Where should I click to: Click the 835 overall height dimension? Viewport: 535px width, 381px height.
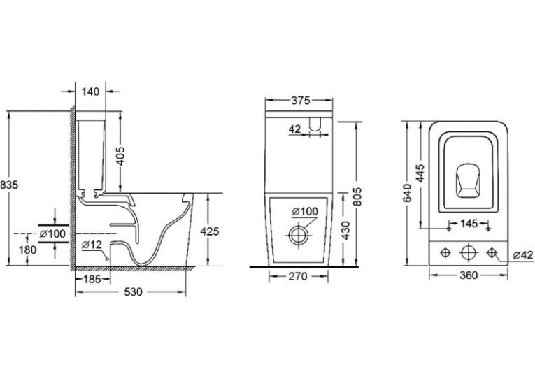click(x=9, y=185)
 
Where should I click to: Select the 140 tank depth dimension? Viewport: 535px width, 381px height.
click(x=91, y=92)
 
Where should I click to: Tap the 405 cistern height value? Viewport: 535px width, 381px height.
click(x=120, y=156)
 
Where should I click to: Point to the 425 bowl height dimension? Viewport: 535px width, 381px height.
click(x=210, y=231)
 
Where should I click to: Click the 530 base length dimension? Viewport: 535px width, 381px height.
click(x=133, y=292)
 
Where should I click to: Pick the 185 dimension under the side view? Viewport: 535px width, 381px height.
click(x=92, y=280)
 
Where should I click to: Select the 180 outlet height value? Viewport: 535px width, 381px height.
click(x=28, y=250)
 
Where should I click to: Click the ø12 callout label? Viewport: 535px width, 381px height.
click(x=92, y=245)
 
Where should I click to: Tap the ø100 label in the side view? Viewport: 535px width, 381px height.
click(x=52, y=233)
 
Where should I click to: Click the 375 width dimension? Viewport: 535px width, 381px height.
click(x=301, y=100)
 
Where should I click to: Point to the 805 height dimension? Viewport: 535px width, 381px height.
click(x=357, y=196)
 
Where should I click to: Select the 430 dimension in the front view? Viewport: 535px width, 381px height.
click(x=345, y=231)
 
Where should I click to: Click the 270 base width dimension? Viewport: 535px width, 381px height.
click(x=298, y=276)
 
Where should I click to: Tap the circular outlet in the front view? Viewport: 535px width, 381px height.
click(x=299, y=235)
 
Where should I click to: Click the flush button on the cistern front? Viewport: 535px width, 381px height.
click(x=315, y=124)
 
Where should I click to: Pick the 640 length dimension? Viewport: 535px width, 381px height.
click(x=408, y=193)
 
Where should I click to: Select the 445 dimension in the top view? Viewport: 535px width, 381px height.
click(x=421, y=173)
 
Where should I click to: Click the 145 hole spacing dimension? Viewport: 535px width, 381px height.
click(x=469, y=224)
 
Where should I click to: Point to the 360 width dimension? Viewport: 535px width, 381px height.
click(x=469, y=275)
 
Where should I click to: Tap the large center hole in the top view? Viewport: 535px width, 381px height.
click(x=469, y=253)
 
